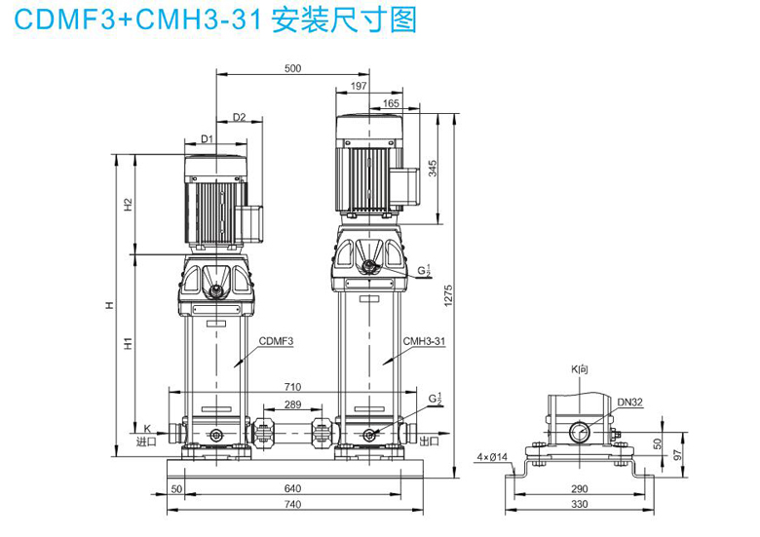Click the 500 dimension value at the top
click(x=292, y=68)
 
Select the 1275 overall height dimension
click(x=448, y=295)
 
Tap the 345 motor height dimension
click(x=433, y=169)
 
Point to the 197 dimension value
click(x=359, y=87)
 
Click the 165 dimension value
click(x=391, y=103)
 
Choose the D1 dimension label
click(x=207, y=139)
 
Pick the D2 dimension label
click(x=240, y=117)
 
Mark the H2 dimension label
click(x=128, y=204)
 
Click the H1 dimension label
click(x=128, y=343)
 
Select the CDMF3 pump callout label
click(x=277, y=341)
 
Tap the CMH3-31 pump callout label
click(x=424, y=341)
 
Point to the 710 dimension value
click(x=292, y=387)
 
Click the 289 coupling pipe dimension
click(x=292, y=404)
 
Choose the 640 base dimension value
click(x=292, y=488)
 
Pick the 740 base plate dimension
click(x=292, y=504)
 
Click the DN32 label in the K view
click(x=629, y=402)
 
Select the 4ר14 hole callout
click(x=492, y=456)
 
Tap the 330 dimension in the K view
click(x=579, y=504)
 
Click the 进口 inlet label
click(x=146, y=441)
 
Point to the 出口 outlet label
click(x=430, y=441)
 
